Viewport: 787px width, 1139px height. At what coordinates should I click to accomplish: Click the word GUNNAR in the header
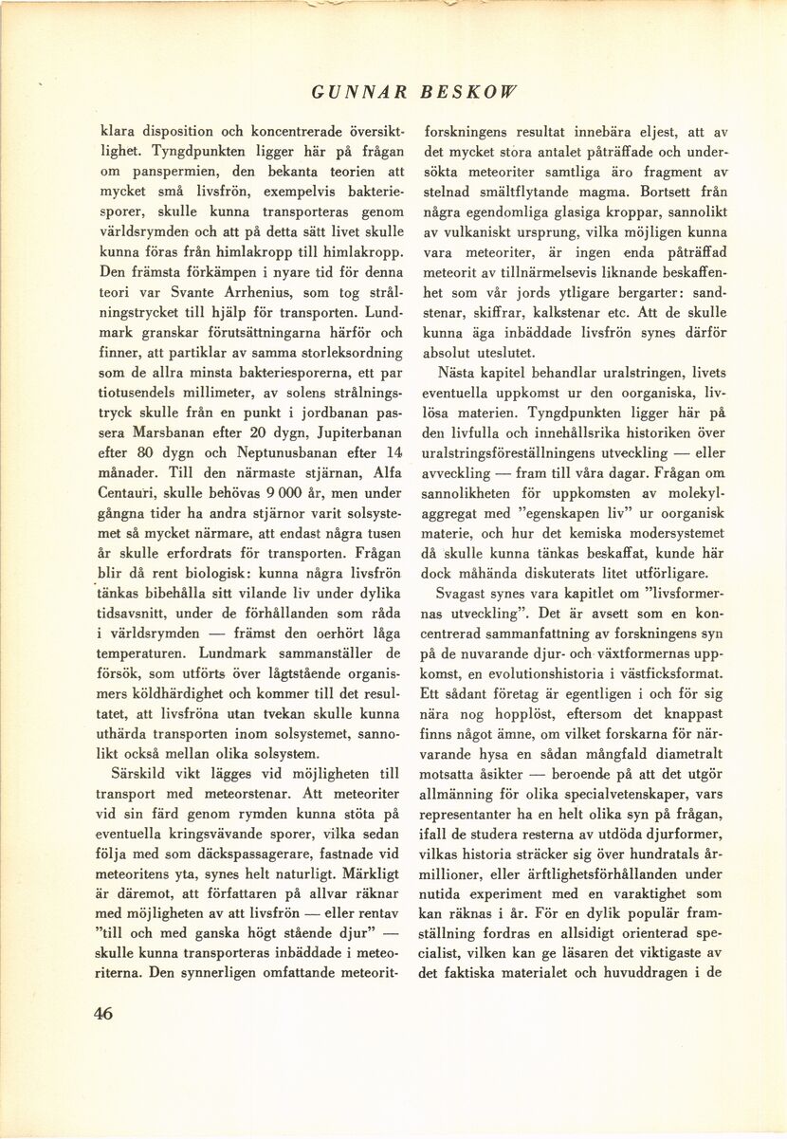click(x=358, y=93)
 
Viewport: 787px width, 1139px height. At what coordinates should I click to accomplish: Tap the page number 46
click(x=103, y=1013)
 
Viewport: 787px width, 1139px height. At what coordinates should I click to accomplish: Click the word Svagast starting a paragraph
click(x=464, y=594)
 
